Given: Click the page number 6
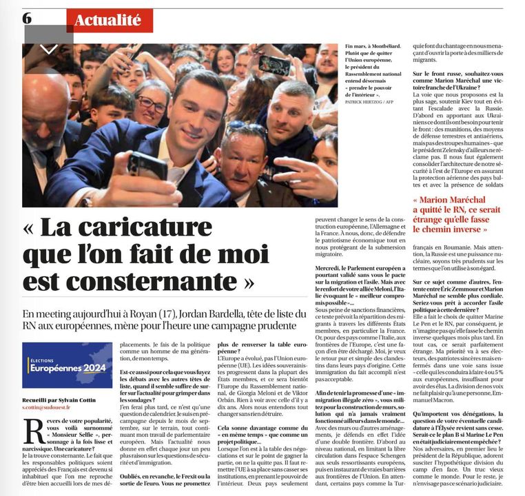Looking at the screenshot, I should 27,18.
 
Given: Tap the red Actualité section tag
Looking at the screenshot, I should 110,20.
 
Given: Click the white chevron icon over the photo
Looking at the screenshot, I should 49,49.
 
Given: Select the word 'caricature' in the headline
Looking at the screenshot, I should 154,229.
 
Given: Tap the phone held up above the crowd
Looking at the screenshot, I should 274,65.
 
